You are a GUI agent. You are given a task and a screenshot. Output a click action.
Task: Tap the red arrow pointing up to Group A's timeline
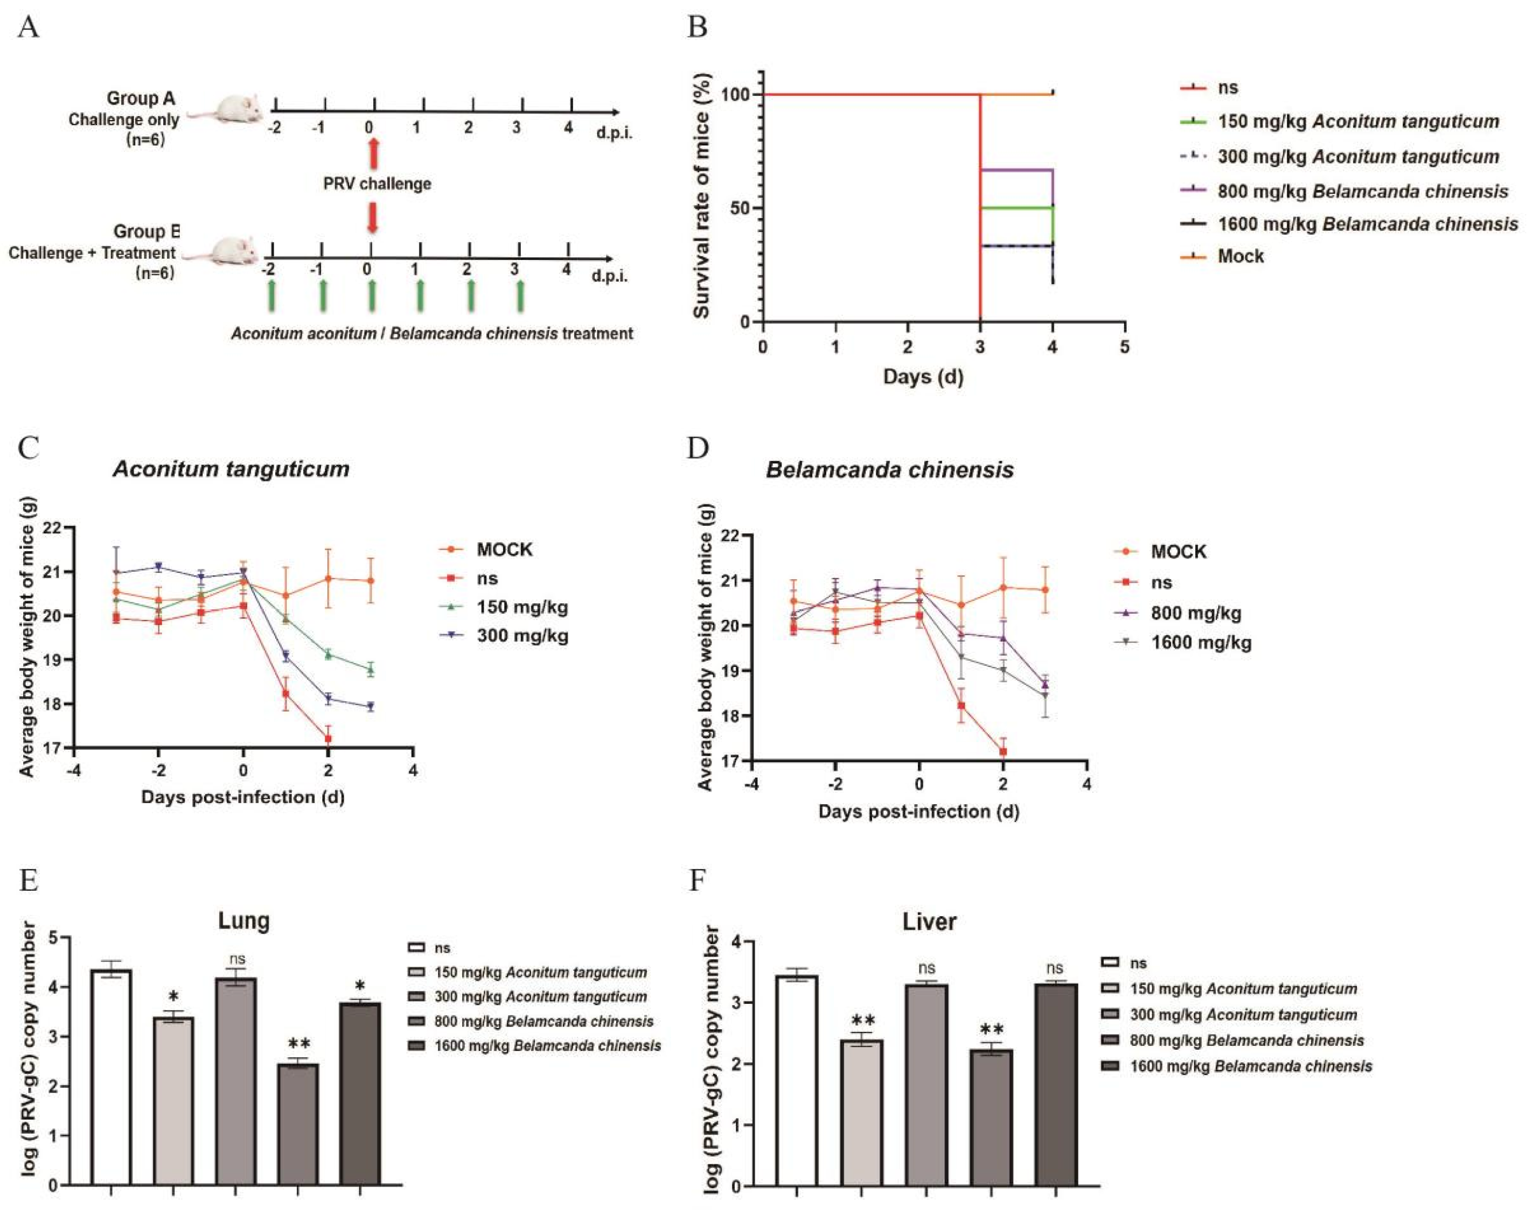(x=373, y=153)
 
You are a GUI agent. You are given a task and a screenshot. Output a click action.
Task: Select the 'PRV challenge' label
(x=377, y=184)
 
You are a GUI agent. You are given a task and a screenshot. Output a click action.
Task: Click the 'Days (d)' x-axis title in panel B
(x=923, y=377)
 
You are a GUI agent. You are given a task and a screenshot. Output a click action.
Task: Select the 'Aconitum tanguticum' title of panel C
(x=231, y=469)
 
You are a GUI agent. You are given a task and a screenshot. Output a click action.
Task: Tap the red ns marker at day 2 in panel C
(x=328, y=739)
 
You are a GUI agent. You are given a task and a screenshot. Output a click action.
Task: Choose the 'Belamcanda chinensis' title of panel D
(x=889, y=470)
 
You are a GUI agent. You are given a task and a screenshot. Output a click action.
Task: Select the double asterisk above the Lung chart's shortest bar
(x=298, y=1044)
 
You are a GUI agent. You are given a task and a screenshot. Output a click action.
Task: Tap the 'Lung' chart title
(x=244, y=921)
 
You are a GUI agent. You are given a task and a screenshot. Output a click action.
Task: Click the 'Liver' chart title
(x=929, y=922)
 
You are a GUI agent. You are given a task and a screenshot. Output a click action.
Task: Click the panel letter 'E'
(x=29, y=881)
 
